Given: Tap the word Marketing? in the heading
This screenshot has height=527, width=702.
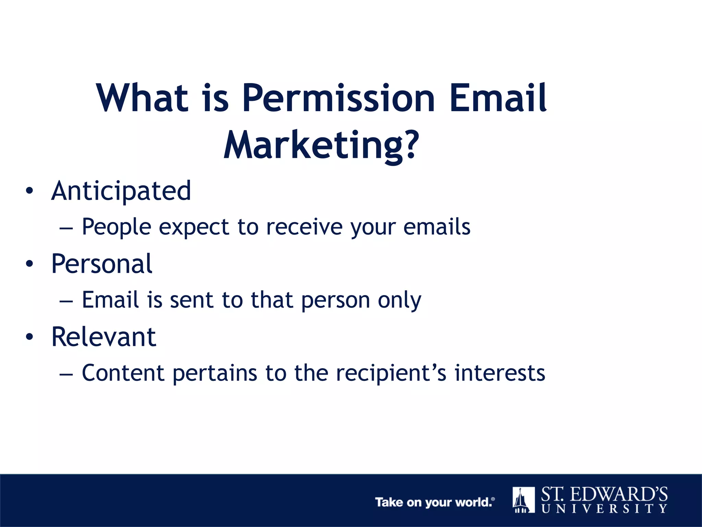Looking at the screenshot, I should tap(321, 146).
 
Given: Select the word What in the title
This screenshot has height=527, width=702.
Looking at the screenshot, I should tap(142, 99).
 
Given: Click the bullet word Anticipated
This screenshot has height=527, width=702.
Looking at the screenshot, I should tap(121, 191).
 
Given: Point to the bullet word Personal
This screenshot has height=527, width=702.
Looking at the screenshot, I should tap(102, 264).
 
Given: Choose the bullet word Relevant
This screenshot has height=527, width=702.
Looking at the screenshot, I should tap(104, 337).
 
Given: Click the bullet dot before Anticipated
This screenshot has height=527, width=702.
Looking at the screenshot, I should tap(29, 191).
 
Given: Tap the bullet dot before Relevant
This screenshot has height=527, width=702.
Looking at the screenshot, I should tap(29, 337).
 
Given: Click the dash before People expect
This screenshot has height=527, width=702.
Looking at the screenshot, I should tap(66, 228).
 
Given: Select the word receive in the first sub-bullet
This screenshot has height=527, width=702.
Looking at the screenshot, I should tap(304, 227).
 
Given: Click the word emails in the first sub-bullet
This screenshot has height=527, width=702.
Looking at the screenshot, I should tap(437, 227).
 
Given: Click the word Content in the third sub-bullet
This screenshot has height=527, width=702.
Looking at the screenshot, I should tap(123, 373).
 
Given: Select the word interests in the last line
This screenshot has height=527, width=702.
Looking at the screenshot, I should tap(500, 373).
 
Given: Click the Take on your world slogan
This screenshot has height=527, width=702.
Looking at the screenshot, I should tap(434, 502).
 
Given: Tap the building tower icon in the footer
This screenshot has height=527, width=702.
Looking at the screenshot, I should tap(523, 500).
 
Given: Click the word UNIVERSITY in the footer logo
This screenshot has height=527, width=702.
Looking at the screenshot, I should tap(604, 508).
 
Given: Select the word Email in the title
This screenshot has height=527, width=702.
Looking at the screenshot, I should tap(498, 99).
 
